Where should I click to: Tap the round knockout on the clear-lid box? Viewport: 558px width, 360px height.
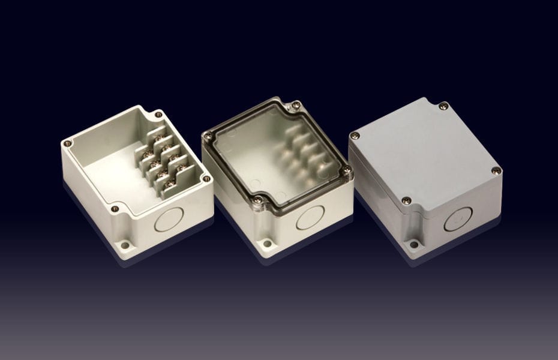(x=310, y=218)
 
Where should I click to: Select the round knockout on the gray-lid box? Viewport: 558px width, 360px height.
(x=458, y=219)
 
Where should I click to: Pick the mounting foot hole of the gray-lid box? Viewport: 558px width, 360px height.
(x=413, y=244)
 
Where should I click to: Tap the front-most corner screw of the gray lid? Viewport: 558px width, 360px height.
(x=406, y=201)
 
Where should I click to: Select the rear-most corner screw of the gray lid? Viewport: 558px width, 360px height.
(x=443, y=106)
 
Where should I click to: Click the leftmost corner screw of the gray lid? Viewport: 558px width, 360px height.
(x=355, y=136)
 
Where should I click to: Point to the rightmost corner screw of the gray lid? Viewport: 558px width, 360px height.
(x=496, y=170)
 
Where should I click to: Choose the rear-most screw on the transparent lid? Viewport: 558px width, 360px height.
(x=295, y=106)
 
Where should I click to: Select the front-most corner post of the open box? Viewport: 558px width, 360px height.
(x=115, y=209)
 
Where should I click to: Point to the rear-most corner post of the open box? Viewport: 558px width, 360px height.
(x=158, y=114)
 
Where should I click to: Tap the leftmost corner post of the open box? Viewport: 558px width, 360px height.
(x=68, y=143)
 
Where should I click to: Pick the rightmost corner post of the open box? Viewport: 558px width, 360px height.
(x=206, y=178)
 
